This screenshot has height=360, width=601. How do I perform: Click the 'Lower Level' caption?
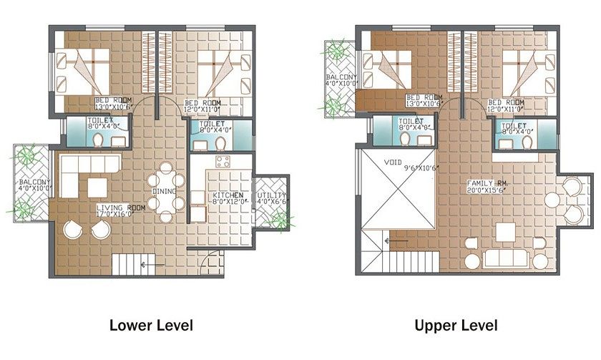pyautogui.click(x=151, y=326)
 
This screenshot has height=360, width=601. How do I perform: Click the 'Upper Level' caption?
pyautogui.click(x=456, y=326)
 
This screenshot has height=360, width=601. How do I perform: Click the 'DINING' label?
pyautogui.click(x=165, y=191)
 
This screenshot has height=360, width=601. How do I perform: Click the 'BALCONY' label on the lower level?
pyautogui.click(x=34, y=182)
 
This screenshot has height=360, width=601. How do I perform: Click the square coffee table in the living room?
pyautogui.click(x=97, y=186)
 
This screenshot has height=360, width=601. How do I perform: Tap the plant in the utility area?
pyautogui.click(x=280, y=218)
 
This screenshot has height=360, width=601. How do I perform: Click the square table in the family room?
pyautogui.click(x=507, y=232)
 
